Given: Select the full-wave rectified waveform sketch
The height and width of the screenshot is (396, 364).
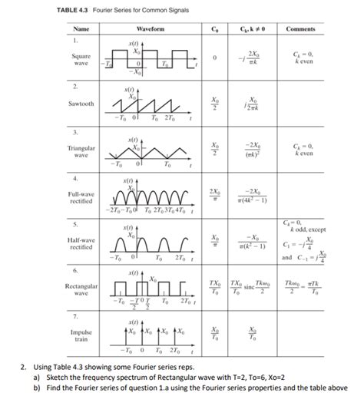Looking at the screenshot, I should click(150, 199).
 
